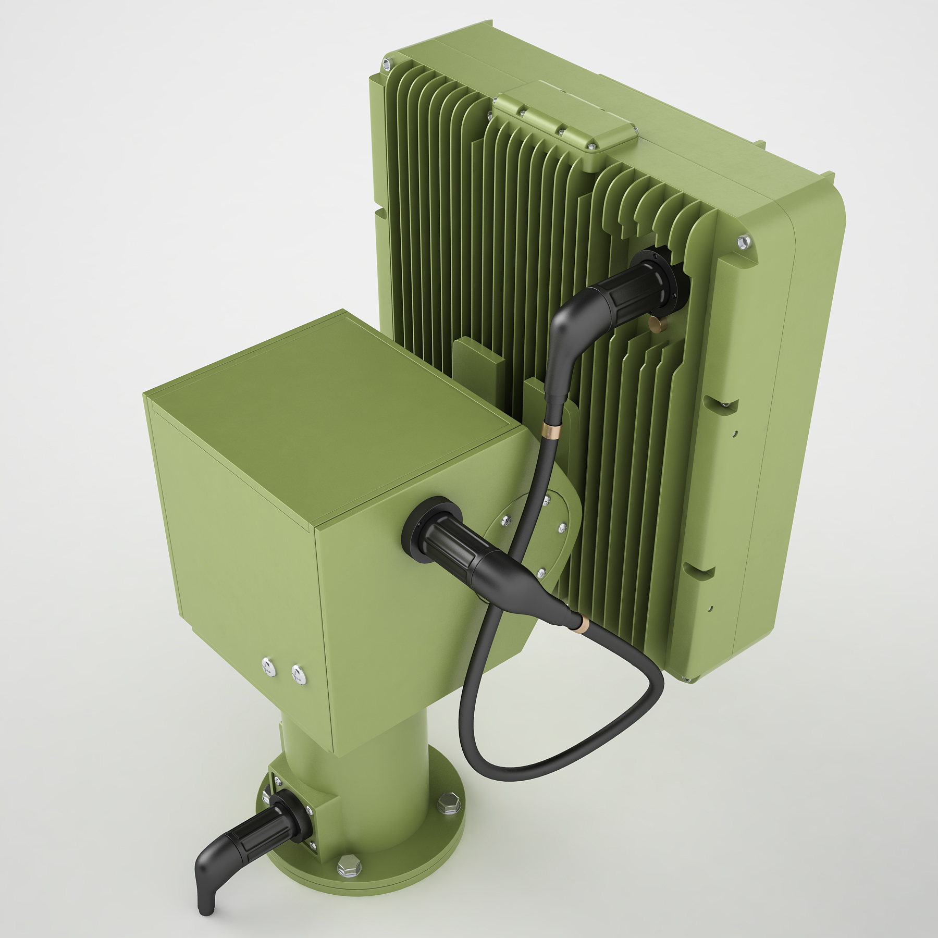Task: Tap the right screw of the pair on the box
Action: click(x=298, y=676)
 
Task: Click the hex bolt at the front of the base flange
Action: click(x=345, y=865)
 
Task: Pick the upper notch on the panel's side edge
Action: click(x=722, y=404)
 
